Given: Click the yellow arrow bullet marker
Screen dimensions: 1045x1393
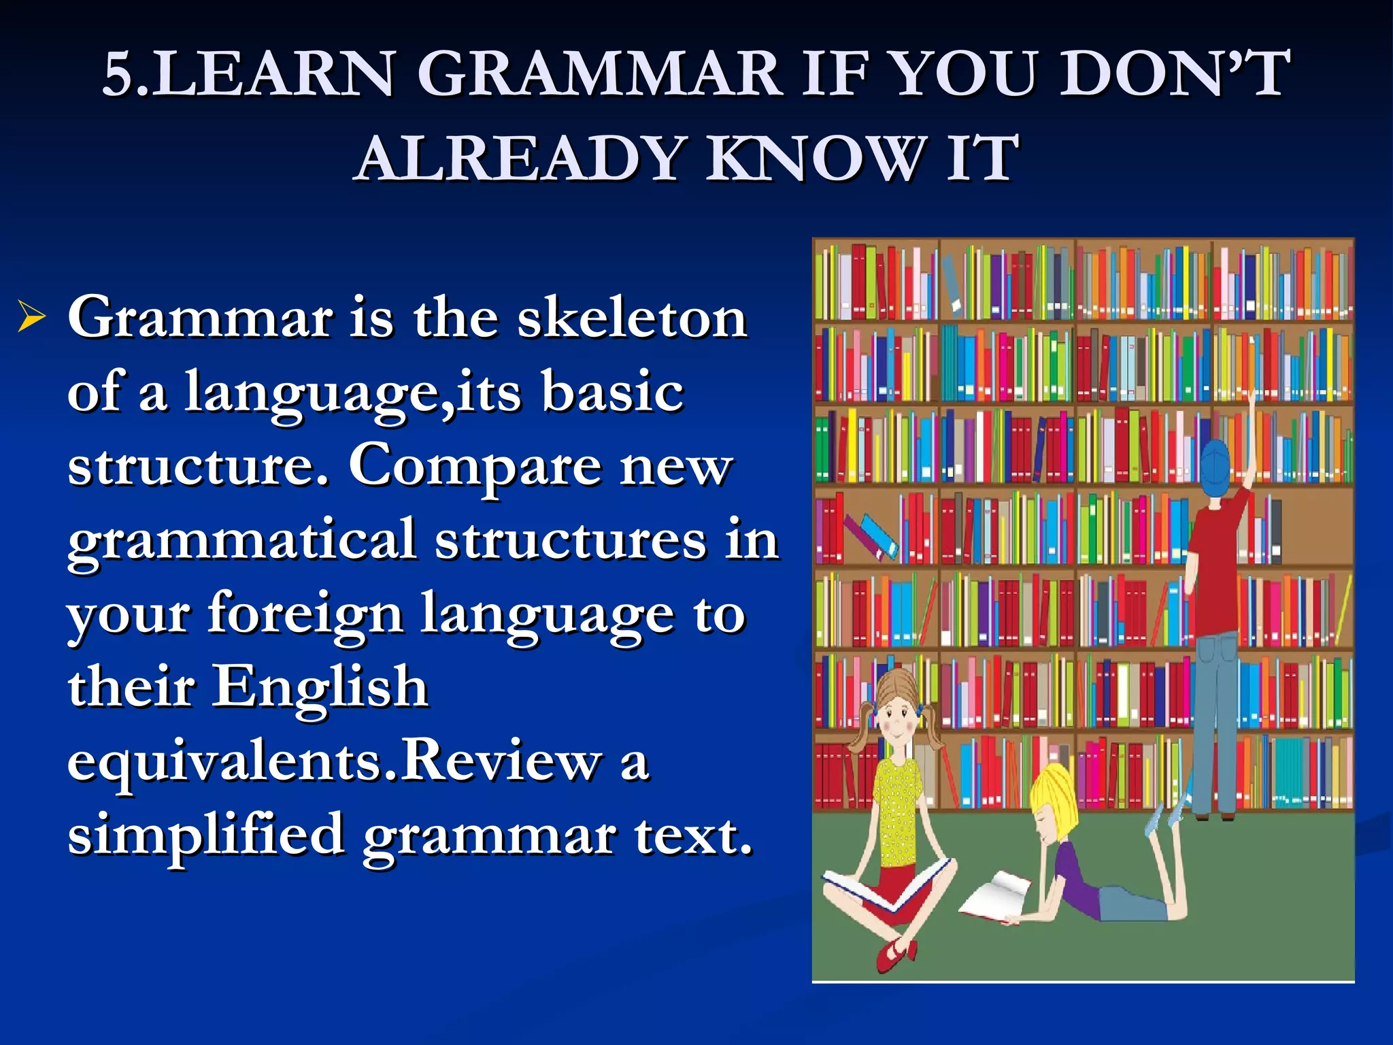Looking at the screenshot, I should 31,317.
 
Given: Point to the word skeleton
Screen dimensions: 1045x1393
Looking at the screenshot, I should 632,318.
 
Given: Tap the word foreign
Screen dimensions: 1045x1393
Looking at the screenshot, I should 305,614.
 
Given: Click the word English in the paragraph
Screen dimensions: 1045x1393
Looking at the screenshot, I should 321,687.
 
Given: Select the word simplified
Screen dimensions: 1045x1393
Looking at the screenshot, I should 205,835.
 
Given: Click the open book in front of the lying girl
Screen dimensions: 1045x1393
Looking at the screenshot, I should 994,897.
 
